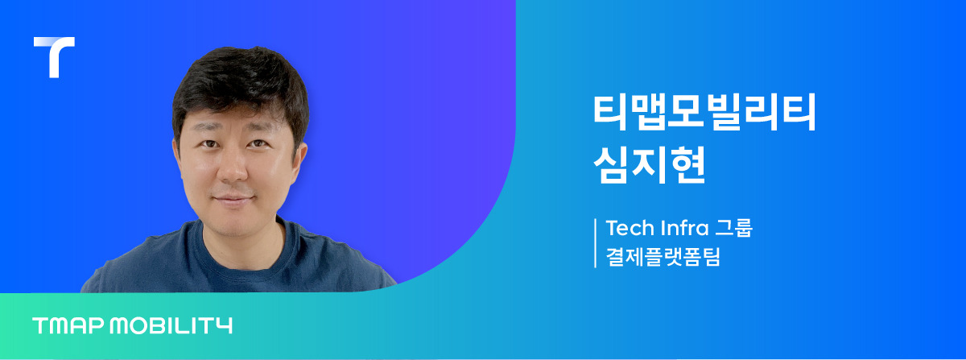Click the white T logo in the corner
coord(54,55)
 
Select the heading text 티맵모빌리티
coord(704,114)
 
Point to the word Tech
coord(628,228)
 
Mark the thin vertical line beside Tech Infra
coord(596,242)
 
